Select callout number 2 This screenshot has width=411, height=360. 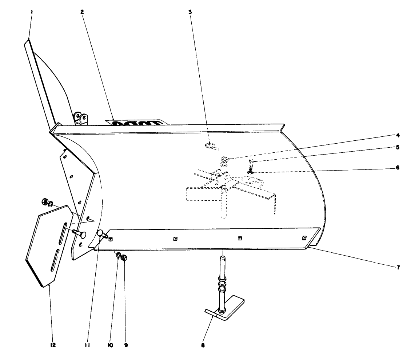click(82, 12)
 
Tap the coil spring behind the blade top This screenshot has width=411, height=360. click(136, 123)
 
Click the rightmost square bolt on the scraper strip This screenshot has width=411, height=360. click(304, 238)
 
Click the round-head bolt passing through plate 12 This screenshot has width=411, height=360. click(79, 233)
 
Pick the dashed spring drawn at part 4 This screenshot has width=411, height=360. click(225, 159)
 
